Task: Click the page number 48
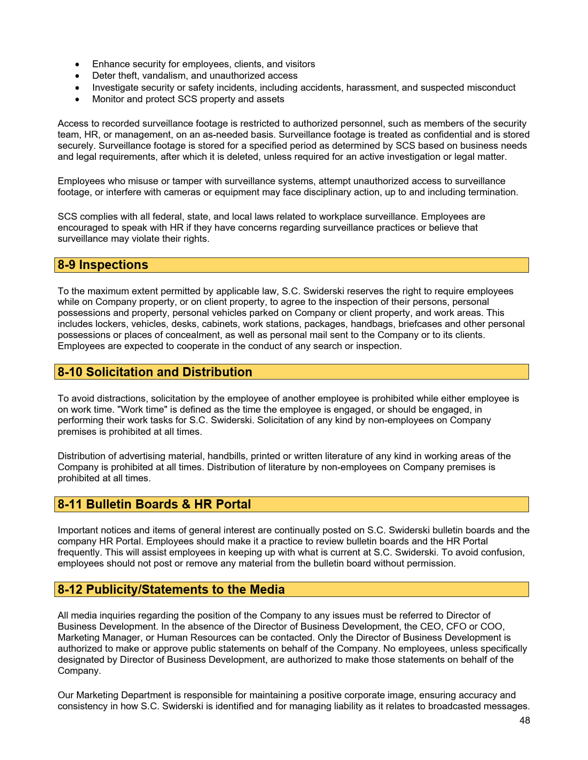pos(524,720)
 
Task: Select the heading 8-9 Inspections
pos(103,265)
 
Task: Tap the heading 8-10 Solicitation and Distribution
pos(155,372)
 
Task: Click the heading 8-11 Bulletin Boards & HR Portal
pos(154,504)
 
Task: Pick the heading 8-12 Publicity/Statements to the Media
pos(171,590)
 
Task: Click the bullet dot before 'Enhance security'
pos(77,64)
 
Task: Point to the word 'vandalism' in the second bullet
pos(166,76)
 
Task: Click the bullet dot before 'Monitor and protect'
pos(77,99)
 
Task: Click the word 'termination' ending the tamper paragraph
pos(492,192)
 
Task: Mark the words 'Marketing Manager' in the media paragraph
pos(100,637)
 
